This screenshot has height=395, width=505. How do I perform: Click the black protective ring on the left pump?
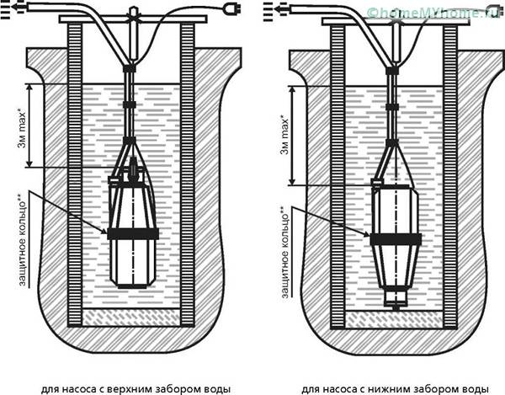(x=132, y=233)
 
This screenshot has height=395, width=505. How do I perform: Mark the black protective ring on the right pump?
(x=396, y=239)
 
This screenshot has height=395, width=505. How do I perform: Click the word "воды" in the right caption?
(x=473, y=389)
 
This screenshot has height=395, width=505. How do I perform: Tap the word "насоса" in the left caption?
(x=79, y=389)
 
